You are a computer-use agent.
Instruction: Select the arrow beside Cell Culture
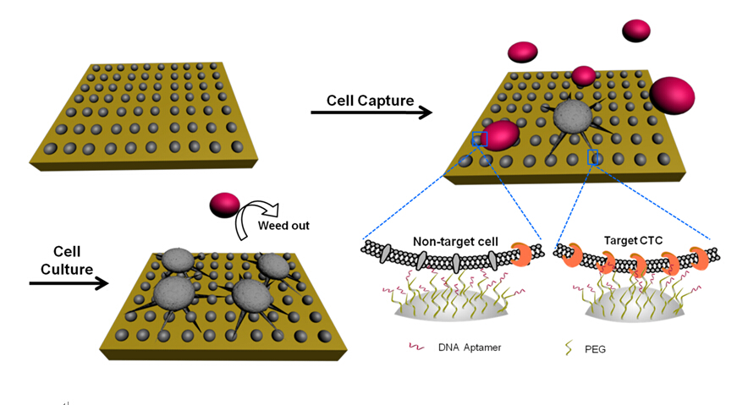[69, 283]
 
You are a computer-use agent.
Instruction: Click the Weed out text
[284, 225]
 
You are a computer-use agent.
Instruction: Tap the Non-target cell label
[453, 241]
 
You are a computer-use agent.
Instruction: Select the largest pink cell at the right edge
[673, 95]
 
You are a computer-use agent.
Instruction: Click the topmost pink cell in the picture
[635, 31]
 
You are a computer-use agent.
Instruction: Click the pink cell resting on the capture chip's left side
[499, 135]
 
